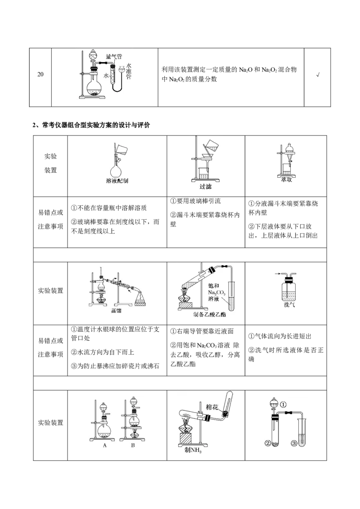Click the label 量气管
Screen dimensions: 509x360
(x=114, y=57)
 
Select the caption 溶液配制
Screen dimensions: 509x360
(x=117, y=181)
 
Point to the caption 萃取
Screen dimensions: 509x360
(x=286, y=179)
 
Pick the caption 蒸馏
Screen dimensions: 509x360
(x=117, y=311)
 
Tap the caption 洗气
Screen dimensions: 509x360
(x=286, y=304)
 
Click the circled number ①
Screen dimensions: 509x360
(x=283, y=404)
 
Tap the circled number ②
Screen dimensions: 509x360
(x=268, y=443)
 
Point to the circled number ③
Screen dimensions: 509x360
(x=294, y=443)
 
